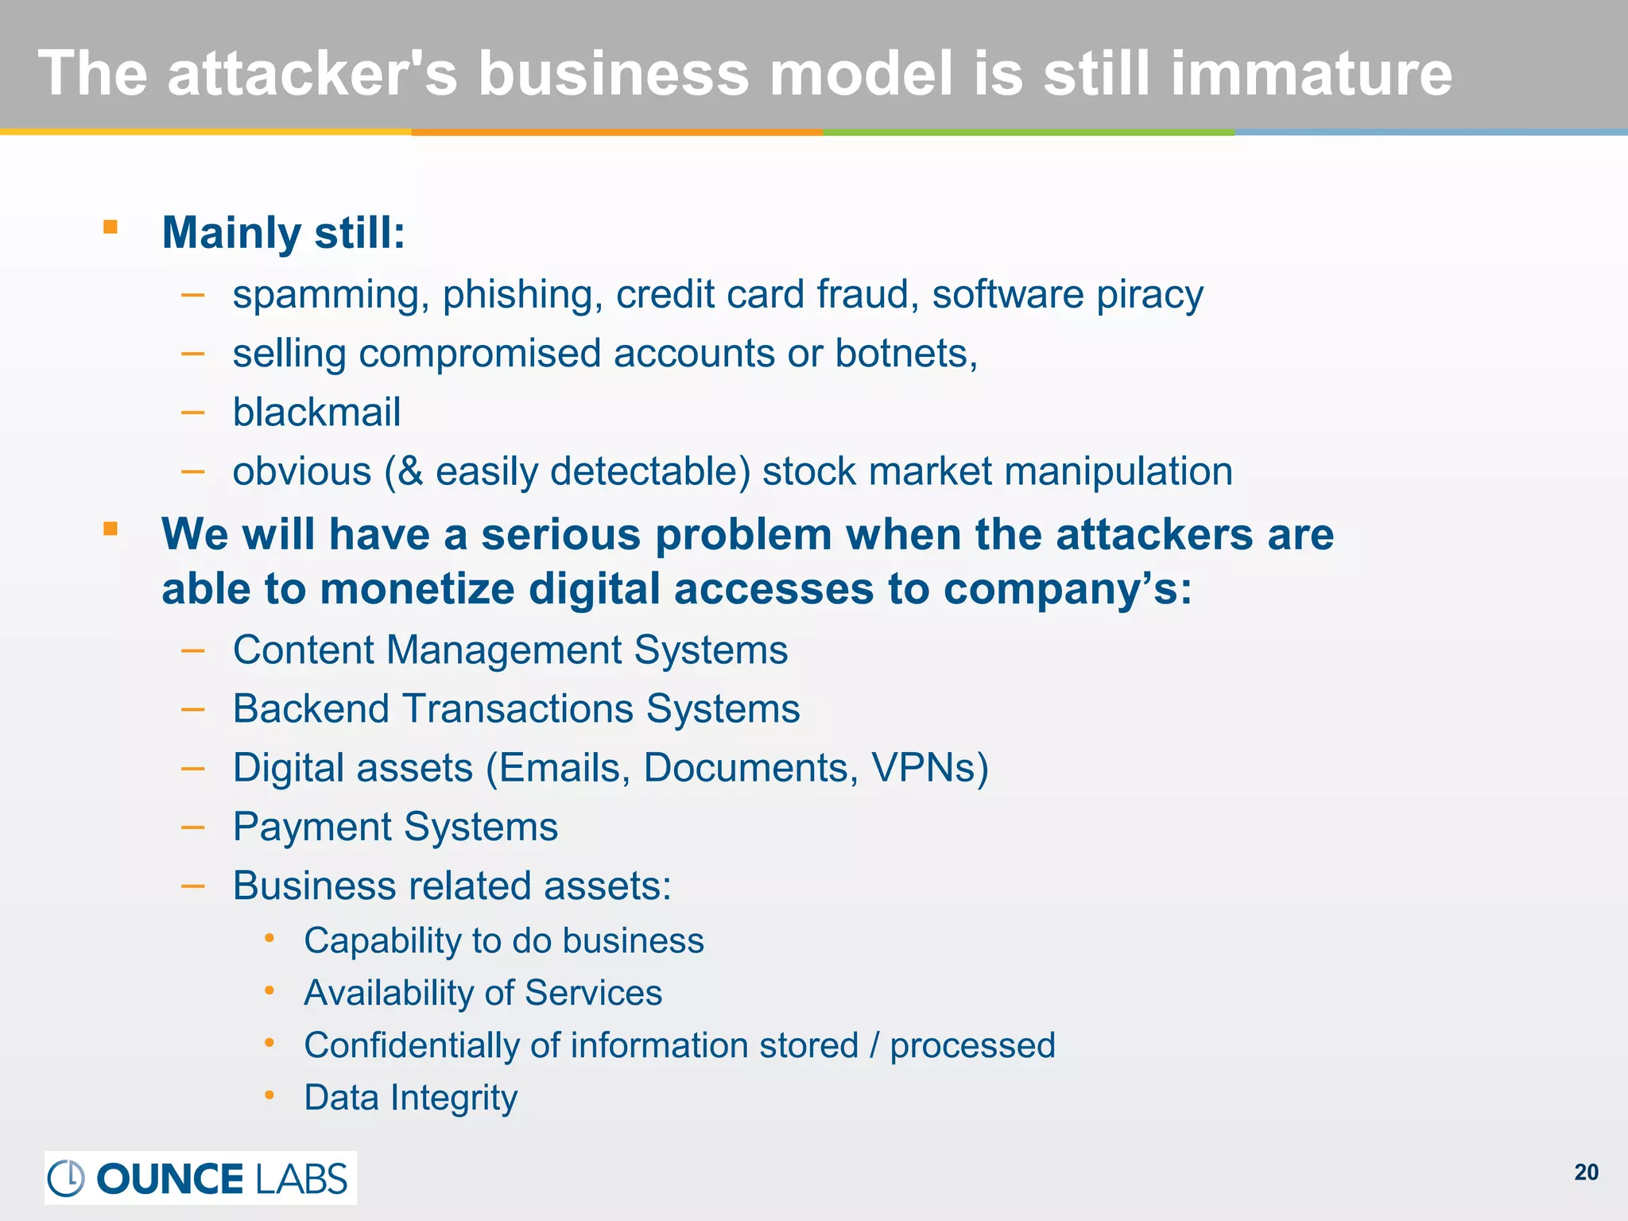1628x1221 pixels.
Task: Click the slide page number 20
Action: click(1586, 1173)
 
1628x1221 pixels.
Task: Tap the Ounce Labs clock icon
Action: click(66, 1178)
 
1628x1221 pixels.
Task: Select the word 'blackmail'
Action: click(316, 412)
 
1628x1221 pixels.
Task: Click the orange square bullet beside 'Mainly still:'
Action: click(110, 228)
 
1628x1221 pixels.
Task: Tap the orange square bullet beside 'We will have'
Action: click(110, 529)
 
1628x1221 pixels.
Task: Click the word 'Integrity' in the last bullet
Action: click(454, 1098)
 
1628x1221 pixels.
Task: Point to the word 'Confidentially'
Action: click(411, 1045)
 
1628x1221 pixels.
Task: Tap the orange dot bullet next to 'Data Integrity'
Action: click(269, 1096)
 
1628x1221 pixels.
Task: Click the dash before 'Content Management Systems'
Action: click(193, 651)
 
